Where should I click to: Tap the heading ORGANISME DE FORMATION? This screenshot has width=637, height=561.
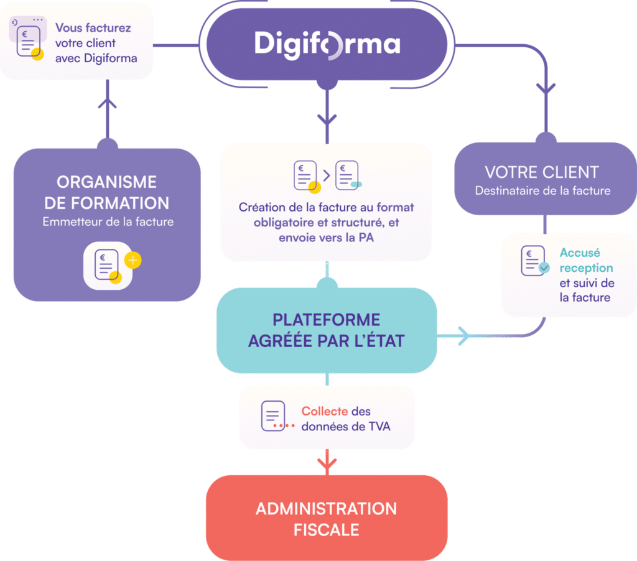pos(106,192)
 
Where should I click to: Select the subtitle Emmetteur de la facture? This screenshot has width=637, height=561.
pos(106,221)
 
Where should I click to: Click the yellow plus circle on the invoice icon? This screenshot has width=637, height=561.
pos(133,260)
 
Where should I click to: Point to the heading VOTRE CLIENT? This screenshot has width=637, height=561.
pos(541,172)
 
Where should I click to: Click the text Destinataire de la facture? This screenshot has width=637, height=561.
pos(541,191)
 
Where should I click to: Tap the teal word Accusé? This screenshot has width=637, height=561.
pos(579,253)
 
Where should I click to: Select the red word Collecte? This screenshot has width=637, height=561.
pos(324,411)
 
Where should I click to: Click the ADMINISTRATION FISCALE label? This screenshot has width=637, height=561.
pos(326,519)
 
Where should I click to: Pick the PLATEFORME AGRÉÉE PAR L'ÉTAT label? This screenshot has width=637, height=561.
pos(326,330)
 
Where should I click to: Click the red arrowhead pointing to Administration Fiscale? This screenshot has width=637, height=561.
pos(326,463)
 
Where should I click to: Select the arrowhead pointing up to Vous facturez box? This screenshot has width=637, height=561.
pos(108,103)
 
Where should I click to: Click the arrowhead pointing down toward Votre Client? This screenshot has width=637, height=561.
pos(546,88)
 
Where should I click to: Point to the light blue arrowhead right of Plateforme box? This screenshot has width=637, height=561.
pos(463,336)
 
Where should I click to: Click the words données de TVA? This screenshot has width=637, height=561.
pos(345,426)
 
